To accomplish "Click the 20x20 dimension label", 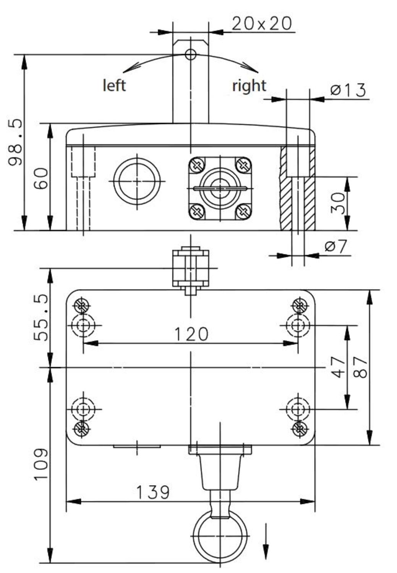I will pos(261,24).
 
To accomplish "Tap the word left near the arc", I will pos(114,85).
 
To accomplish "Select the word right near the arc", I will pos(249,86).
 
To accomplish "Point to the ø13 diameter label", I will pos(348,90).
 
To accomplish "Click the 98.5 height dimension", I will pos(16,142).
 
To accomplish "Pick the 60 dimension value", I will pos(42,178).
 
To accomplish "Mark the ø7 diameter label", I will pos(336,246).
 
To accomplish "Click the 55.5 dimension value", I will pos(41,317).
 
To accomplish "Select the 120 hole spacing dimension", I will pos(191,334).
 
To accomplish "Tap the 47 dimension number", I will pos(338,367).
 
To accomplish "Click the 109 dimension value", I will pos(41,464).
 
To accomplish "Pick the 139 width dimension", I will pos(153,492).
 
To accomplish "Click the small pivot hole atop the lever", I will pos(190,55).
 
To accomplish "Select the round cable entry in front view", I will pos(137,181).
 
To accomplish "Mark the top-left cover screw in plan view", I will pos(81,305).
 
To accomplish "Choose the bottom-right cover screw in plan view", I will pos(300,429).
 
